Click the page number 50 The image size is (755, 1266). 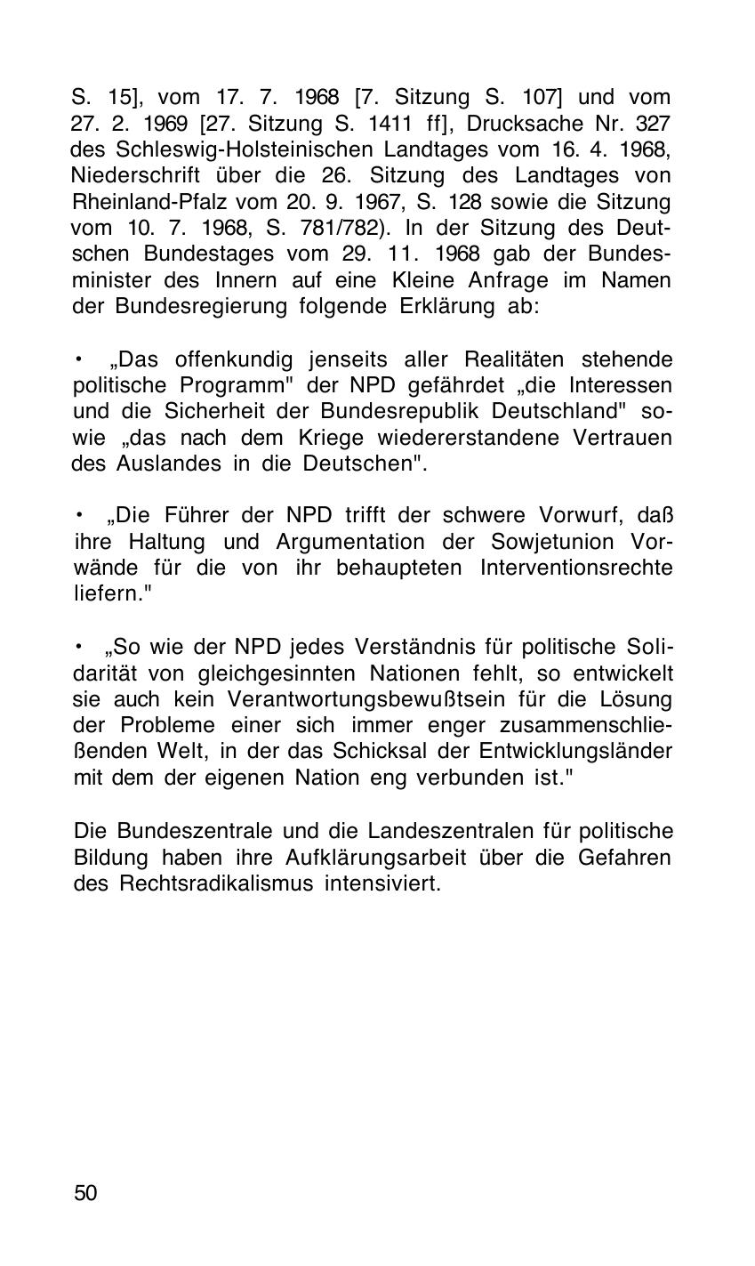click(85, 1193)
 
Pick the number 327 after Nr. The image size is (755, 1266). click(655, 123)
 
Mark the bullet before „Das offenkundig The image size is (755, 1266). click(78, 359)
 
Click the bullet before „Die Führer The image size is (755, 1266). click(78, 515)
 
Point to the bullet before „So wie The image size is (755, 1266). click(78, 646)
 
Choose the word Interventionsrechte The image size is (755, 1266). click(575, 568)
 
